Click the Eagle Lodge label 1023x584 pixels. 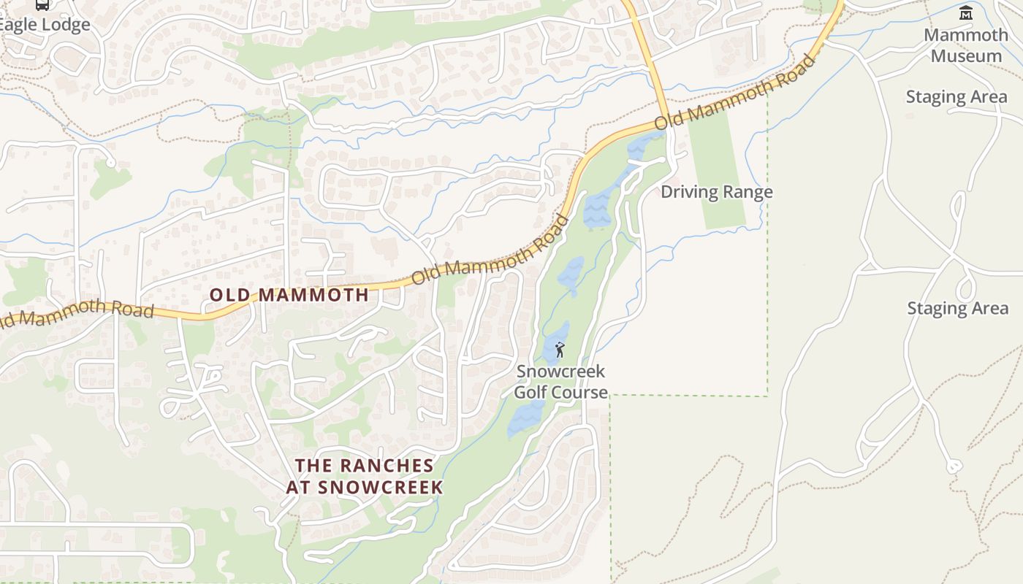[45, 24]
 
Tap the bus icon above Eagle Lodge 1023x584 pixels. [42, 4]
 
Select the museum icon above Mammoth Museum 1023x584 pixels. [966, 12]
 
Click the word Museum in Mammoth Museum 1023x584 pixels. [966, 55]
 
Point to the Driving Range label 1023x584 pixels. [716, 192]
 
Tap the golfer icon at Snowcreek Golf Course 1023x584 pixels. [560, 350]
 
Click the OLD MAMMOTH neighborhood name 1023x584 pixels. [289, 295]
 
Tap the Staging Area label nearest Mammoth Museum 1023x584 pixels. [957, 97]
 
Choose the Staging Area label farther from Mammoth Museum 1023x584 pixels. [957, 308]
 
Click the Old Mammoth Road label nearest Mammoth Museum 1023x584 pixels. [734, 91]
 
